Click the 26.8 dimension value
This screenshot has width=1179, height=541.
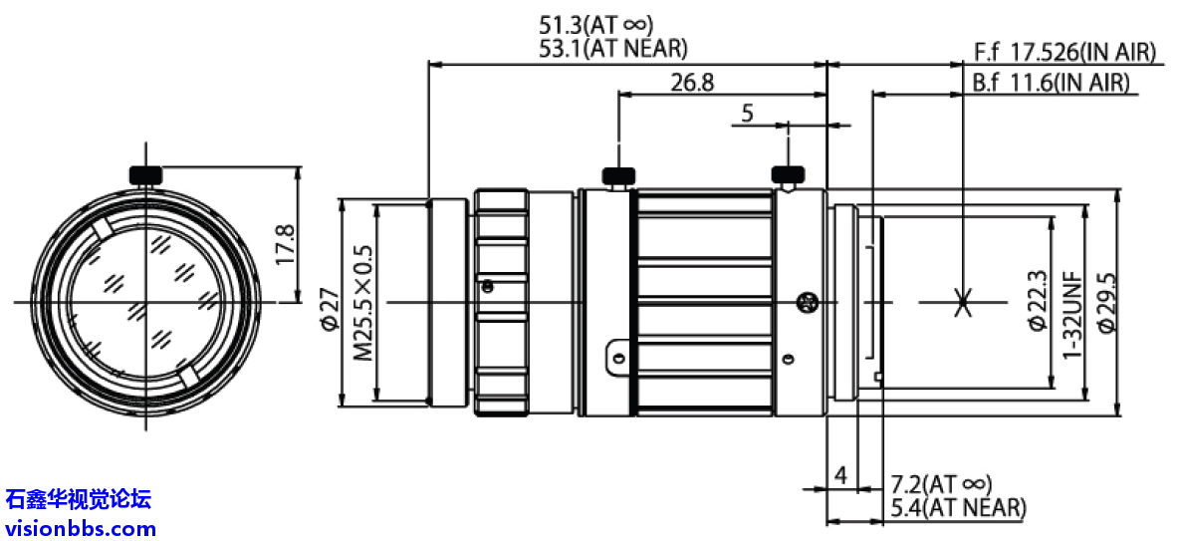pyautogui.click(x=692, y=83)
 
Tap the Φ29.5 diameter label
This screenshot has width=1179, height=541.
pyautogui.click(x=1104, y=301)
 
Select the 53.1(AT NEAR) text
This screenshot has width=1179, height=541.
pyautogui.click(x=612, y=49)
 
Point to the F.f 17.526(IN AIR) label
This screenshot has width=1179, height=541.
pyautogui.click(x=1064, y=53)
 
